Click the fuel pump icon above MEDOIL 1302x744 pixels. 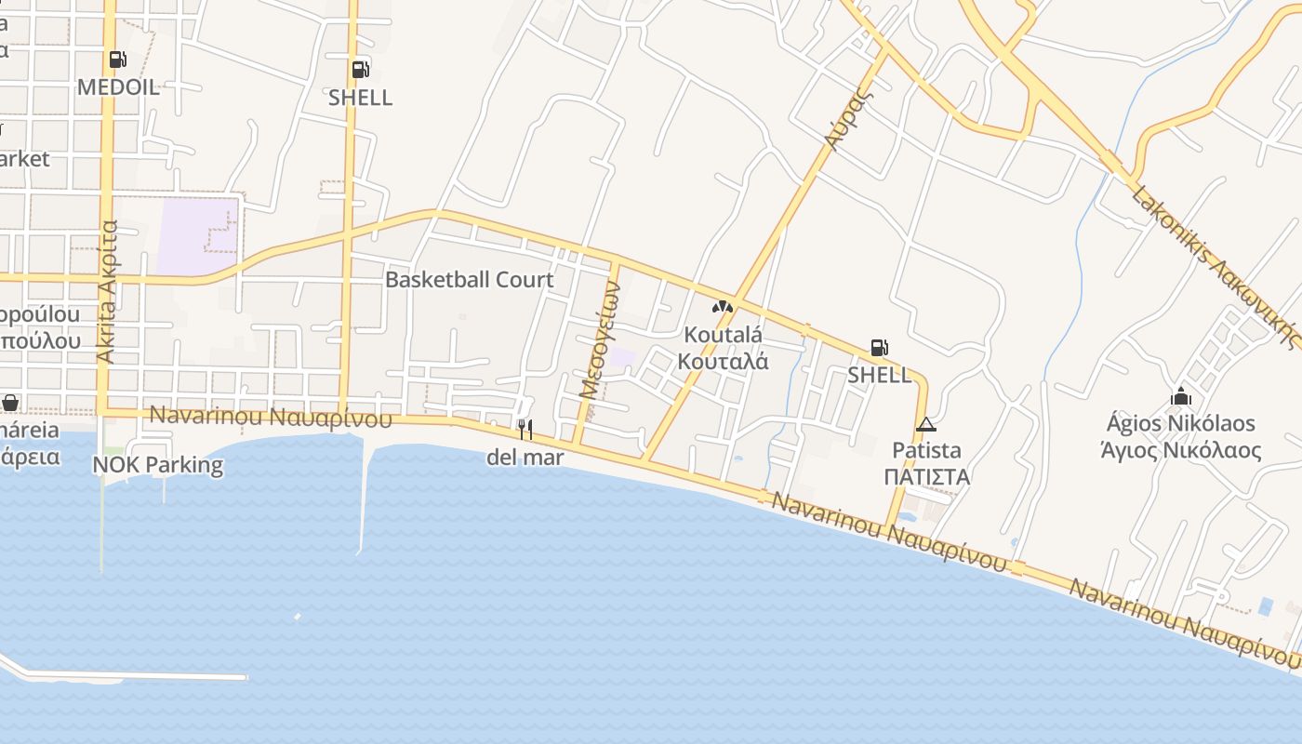(118, 60)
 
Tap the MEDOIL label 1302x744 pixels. (118, 87)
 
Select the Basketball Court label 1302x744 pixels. (469, 279)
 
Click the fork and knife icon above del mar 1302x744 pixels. (525, 429)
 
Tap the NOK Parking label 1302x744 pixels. (158, 464)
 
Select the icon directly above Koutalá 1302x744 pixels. (723, 306)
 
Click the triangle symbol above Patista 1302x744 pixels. (925, 425)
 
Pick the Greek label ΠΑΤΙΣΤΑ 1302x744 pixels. (926, 477)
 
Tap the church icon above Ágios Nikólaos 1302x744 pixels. (1181, 397)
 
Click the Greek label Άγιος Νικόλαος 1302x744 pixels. (1180, 451)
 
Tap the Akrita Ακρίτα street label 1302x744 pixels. (108, 291)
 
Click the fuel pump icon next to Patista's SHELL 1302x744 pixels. (879, 348)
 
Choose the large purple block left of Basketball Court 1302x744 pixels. (198, 236)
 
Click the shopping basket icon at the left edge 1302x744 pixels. (10, 403)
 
